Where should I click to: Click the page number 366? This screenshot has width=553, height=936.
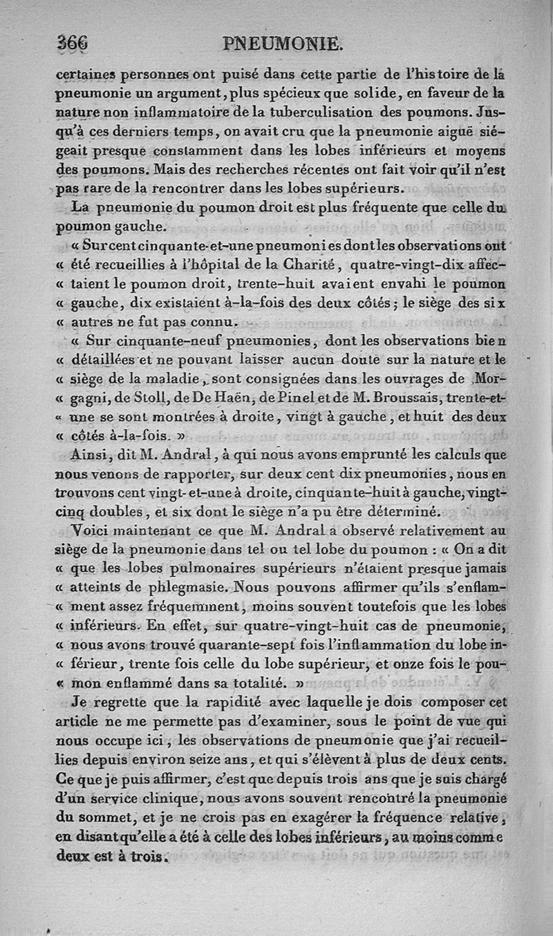(73, 44)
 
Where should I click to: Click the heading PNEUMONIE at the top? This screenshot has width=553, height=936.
(283, 45)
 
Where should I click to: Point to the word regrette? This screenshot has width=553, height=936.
(120, 703)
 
